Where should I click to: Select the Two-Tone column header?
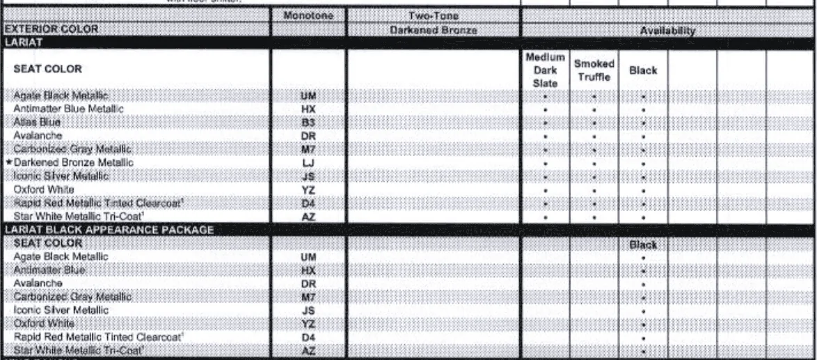point(433,16)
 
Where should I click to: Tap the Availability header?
point(668,31)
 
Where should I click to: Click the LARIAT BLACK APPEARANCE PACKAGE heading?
point(109,230)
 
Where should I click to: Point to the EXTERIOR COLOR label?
point(51,30)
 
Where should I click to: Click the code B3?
point(308,122)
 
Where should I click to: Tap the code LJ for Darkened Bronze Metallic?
point(308,162)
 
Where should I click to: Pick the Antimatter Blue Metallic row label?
point(68,109)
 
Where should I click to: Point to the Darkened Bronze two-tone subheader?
point(433,31)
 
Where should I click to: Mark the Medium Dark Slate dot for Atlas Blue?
point(545,123)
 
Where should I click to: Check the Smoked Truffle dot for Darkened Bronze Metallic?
point(594,163)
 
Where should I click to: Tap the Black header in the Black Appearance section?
point(642,244)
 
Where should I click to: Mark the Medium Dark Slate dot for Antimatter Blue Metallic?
point(545,109)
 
